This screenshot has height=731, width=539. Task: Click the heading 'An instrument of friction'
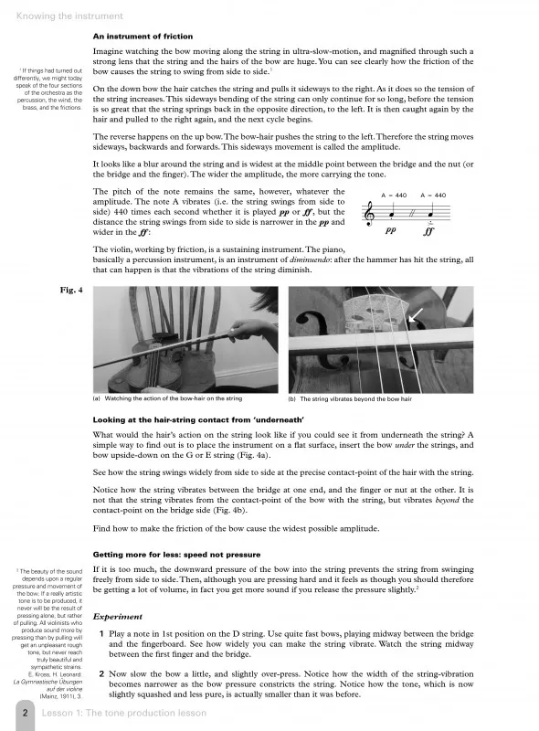pos(143,37)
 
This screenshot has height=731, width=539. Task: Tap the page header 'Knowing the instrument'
pos(69,16)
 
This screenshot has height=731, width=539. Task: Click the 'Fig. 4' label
pos(71,290)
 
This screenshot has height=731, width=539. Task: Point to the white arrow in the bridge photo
pos(416,314)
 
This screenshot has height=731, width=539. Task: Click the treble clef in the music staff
pos(370,214)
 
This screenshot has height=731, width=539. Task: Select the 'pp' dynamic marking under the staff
pos(391,230)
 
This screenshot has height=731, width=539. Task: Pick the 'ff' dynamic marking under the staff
pos(428,231)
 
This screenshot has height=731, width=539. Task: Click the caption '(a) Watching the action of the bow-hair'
pos(168,398)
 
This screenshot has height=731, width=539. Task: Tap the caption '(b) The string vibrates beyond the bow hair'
pos(350,399)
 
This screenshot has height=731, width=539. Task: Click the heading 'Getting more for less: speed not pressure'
pos(176,555)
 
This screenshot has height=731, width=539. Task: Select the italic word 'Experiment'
pos(118,617)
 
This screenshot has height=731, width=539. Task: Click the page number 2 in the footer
pos(26,713)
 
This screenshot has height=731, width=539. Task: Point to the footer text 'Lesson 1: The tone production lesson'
pos(124,713)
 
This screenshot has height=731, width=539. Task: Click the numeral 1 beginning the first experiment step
pos(101,634)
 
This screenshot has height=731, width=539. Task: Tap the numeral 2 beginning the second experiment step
pos(101,674)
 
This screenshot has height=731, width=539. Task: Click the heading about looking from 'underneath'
pos(198,420)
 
